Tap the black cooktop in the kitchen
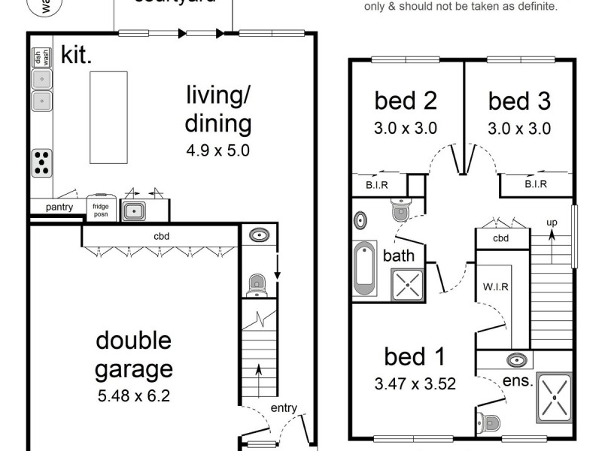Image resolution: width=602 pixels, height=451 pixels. click(43, 162)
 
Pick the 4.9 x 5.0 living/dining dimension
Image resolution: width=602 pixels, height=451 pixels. click(218, 150)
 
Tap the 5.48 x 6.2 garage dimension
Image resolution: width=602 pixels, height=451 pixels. click(133, 395)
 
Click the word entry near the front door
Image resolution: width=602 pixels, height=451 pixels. click(284, 408)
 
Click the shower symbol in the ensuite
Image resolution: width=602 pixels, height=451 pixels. click(555, 394)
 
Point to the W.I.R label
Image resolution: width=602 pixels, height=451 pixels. click(493, 286)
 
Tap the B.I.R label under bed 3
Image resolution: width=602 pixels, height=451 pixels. click(535, 184)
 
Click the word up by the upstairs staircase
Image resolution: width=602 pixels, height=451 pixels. click(551, 222)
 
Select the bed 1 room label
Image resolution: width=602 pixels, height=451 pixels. click(415, 356)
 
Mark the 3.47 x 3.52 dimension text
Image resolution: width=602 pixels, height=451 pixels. click(415, 384)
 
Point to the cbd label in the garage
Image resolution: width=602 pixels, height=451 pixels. click(161, 235)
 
